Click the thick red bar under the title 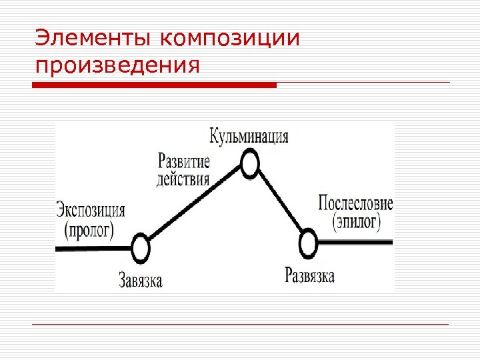click(x=154, y=85)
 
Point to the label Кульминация click(x=249, y=137)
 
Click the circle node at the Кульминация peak click(x=250, y=164)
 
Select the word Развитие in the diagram click(x=184, y=161)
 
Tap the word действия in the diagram click(x=183, y=179)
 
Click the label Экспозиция click(x=90, y=211)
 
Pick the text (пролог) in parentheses click(x=89, y=230)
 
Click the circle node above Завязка click(x=140, y=249)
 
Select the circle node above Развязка click(x=308, y=244)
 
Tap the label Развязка click(x=309, y=275)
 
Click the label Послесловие click(x=356, y=203)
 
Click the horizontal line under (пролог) click(x=93, y=248)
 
